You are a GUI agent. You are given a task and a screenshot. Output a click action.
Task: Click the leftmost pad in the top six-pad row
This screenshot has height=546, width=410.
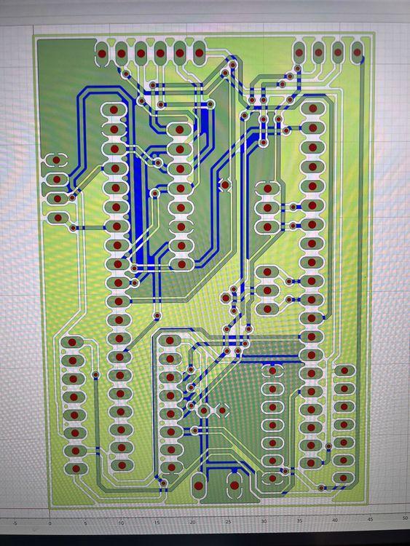pos(102,54)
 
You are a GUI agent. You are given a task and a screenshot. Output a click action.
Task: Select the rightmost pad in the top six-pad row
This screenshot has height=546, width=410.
pos(200,53)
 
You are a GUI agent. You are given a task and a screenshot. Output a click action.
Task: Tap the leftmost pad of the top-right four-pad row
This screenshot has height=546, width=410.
pos(299,52)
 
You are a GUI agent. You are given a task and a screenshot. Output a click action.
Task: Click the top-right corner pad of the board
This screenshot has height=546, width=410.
pos(357,52)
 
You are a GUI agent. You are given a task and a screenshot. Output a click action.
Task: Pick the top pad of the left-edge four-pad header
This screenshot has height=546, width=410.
pos(56,160)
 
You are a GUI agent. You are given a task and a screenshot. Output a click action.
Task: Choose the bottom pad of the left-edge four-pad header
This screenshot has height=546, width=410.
pos(58,218)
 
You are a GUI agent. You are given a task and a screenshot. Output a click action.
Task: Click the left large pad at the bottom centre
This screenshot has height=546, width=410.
pos(199,486)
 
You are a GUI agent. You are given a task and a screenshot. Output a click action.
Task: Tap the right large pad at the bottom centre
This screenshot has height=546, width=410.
pos(234,485)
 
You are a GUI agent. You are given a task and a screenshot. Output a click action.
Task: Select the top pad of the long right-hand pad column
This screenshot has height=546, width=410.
pos(313,108)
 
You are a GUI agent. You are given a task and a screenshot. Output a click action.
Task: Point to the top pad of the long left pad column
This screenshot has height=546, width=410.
pos(114,110)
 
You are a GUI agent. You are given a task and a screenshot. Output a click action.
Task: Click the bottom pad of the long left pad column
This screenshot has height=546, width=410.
pos(122,465)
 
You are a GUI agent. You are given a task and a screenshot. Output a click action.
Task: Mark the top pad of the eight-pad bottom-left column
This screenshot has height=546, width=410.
pos(72,342)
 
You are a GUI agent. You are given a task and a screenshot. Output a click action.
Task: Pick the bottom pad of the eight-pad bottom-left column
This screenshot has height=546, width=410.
pos(76,469)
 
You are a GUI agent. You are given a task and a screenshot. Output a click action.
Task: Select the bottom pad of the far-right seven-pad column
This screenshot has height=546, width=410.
pos(343,478)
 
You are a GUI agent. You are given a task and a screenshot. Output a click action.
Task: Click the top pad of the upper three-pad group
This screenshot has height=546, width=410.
pos(267,189)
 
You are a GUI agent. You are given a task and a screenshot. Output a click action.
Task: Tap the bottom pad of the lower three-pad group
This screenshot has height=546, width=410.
pos(267,309)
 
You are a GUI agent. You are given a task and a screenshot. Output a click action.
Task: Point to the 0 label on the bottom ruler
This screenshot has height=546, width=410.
pos(50,523)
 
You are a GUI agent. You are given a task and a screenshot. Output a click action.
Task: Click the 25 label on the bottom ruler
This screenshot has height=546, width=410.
pos(228,522)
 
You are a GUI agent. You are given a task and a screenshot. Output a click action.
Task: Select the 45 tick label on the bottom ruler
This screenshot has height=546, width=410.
pos(370,519)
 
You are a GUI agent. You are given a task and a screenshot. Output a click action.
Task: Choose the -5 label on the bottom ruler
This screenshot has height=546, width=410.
pos(15,523)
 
